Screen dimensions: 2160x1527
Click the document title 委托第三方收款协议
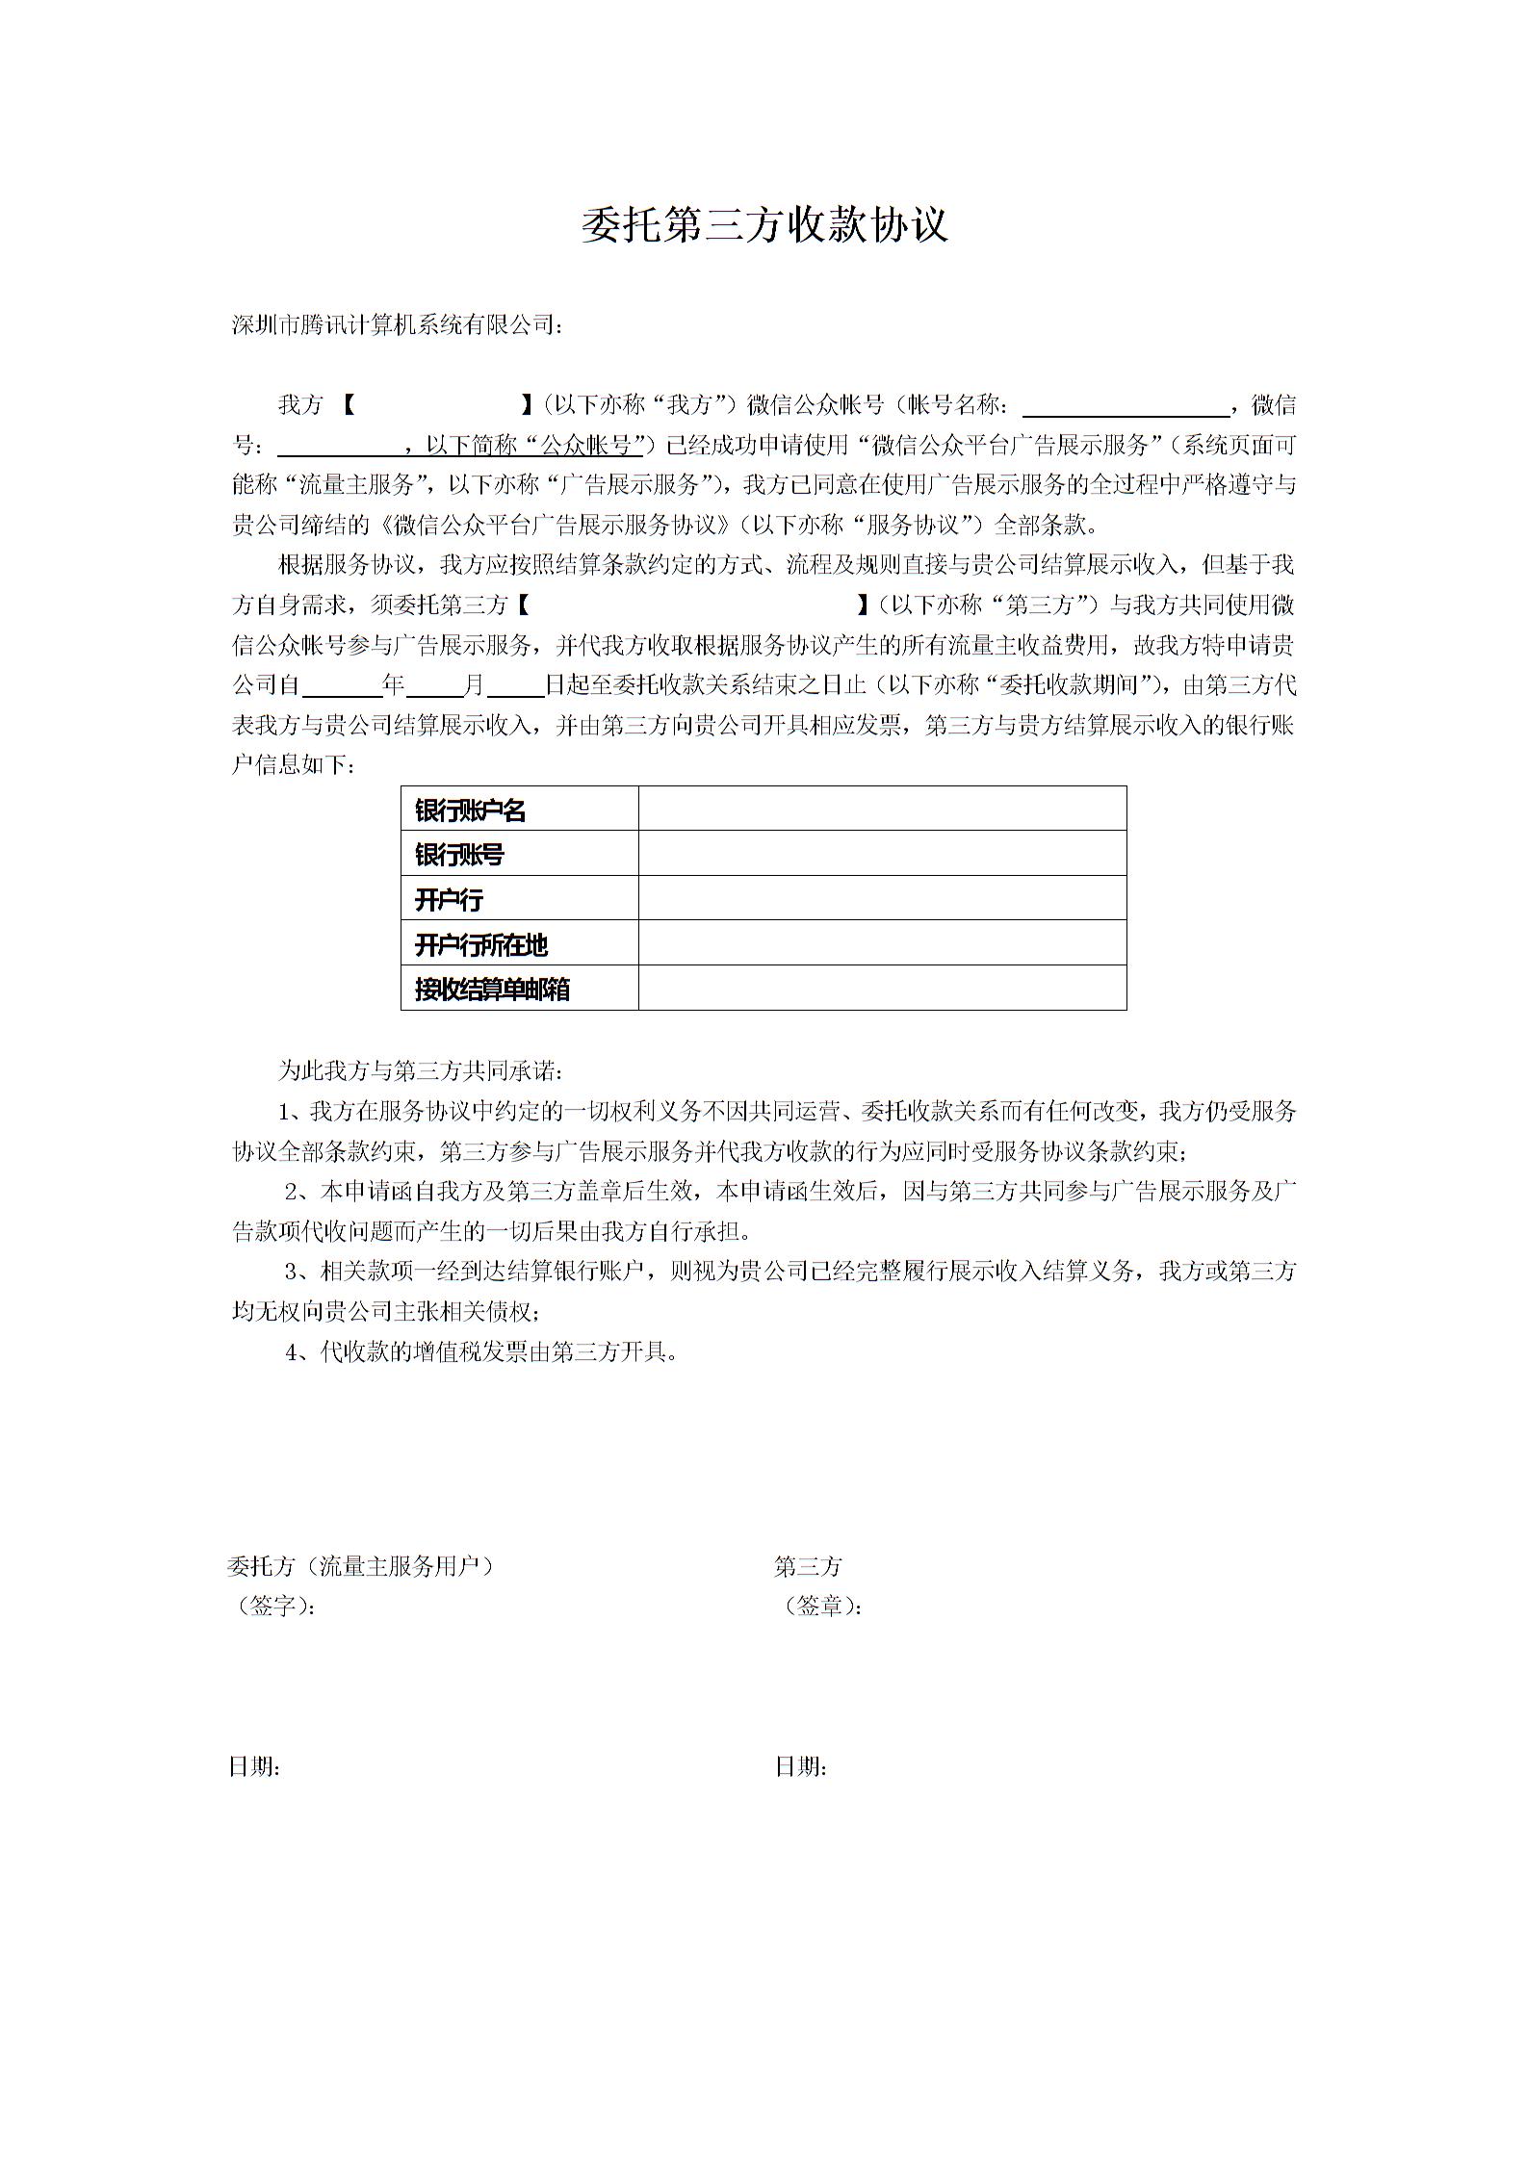pyautogui.click(x=764, y=225)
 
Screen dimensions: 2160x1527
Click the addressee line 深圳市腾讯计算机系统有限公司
pyautogui.click(x=396, y=325)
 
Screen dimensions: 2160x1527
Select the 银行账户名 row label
pyautogui.click(x=471, y=810)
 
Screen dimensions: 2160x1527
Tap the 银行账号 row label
pyautogui.click(x=459, y=855)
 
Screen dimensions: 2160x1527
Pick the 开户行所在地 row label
pyautogui.click(x=481, y=945)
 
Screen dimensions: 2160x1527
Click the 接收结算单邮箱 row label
pyautogui.click(x=492, y=990)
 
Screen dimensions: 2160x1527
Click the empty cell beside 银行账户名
pyautogui.click(x=882, y=809)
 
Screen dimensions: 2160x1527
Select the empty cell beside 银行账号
pyautogui.click(x=882, y=854)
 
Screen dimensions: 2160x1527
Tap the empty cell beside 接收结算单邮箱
pyautogui.click(x=882, y=989)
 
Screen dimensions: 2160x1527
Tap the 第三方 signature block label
pyautogui.click(x=808, y=1566)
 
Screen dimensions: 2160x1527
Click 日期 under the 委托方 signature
pyautogui.click(x=254, y=1766)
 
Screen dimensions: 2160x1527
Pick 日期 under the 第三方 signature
pyautogui.click(x=801, y=1766)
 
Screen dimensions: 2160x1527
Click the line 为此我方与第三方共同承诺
pyautogui.click(x=421, y=1070)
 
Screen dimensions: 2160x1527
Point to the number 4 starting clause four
pyautogui.click(x=292, y=1352)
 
